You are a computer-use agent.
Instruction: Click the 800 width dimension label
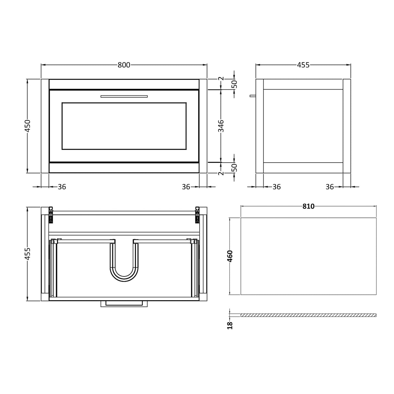pos(124,65)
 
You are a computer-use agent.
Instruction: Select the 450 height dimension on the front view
pos(28,126)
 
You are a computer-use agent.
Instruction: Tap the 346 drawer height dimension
pos(221,126)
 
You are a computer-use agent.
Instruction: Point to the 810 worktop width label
pos(308,206)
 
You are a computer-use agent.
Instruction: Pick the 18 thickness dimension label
pos(230,326)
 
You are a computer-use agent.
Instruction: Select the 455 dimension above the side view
pos(303,65)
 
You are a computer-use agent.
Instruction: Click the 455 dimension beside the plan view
pos(28,253)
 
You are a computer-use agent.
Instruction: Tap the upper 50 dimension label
pos(235,84)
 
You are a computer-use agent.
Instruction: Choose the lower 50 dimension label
pos(235,167)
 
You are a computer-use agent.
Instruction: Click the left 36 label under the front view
pos(62,187)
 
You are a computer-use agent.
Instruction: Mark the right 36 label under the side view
pos(330,187)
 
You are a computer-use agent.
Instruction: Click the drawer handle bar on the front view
pos(124,96)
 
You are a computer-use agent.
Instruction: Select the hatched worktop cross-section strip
pos(308,315)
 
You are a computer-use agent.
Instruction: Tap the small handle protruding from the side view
pos(252,96)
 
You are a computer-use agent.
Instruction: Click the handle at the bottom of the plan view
pos(124,303)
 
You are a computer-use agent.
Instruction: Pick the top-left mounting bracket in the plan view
pos(50,215)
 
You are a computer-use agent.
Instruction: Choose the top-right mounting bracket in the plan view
pos(197,215)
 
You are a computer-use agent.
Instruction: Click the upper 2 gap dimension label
pos(221,79)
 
